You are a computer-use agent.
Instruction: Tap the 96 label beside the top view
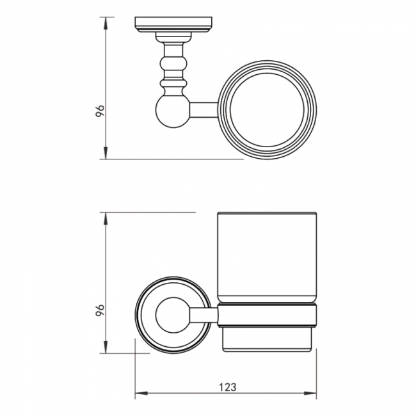click(x=100, y=109)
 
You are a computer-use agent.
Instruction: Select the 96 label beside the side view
click(x=100, y=311)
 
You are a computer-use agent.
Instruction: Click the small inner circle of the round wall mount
click(x=171, y=314)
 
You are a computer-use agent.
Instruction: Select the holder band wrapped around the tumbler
click(x=267, y=314)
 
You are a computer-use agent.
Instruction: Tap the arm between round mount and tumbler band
click(x=203, y=314)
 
